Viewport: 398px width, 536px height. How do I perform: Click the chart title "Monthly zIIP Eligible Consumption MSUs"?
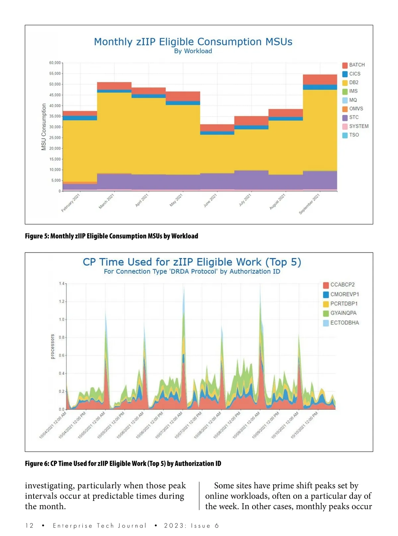pyautogui.click(x=193, y=42)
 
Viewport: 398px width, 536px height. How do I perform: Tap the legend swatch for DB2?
pyautogui.click(x=345, y=83)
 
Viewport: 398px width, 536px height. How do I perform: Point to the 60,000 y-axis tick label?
pyautogui.click(x=55, y=63)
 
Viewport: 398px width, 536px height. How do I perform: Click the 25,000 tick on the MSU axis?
pyautogui.click(x=55, y=138)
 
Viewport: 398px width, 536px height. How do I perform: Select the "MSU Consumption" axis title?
pyautogui.click(x=44, y=127)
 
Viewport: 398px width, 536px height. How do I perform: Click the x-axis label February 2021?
pyautogui.click(x=71, y=203)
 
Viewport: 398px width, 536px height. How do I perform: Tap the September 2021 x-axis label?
pyautogui.click(x=309, y=204)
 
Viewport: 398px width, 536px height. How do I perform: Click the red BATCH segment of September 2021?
pyautogui.click(x=320, y=80)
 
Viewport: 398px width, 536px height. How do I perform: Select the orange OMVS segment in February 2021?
pyautogui.click(x=80, y=183)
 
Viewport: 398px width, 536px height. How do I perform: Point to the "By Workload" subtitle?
pyautogui.click(x=193, y=51)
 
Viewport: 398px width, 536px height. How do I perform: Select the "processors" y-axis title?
pyautogui.click(x=52, y=347)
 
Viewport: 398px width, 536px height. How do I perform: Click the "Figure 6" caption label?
pyautogui.click(x=34, y=464)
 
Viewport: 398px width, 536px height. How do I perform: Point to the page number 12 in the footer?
pyautogui.click(x=29, y=526)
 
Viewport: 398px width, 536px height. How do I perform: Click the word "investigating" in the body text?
pyautogui.click(x=49, y=486)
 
